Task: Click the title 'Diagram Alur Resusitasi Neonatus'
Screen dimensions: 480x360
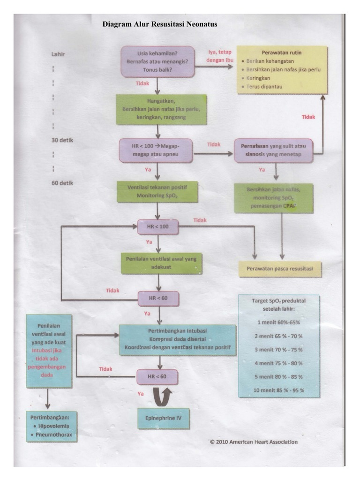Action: point(160,24)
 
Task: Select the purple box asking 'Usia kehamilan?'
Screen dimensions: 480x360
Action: point(157,61)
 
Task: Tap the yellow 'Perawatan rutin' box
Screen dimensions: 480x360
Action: point(281,69)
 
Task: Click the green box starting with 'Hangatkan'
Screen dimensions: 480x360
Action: point(161,109)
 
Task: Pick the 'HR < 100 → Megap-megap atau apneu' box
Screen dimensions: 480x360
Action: point(156,150)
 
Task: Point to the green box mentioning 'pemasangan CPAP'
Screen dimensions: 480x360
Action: point(273,198)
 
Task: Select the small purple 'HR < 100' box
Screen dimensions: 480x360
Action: point(157,227)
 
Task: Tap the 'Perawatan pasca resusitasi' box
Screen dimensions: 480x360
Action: point(280,269)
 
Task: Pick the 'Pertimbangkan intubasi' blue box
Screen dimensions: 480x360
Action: point(177,340)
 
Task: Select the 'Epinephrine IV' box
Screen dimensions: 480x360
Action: point(164,418)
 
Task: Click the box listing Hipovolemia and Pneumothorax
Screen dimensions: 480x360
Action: point(52,427)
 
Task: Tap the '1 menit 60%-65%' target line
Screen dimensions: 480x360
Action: point(278,322)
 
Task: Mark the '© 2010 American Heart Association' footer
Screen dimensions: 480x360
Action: point(253,442)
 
